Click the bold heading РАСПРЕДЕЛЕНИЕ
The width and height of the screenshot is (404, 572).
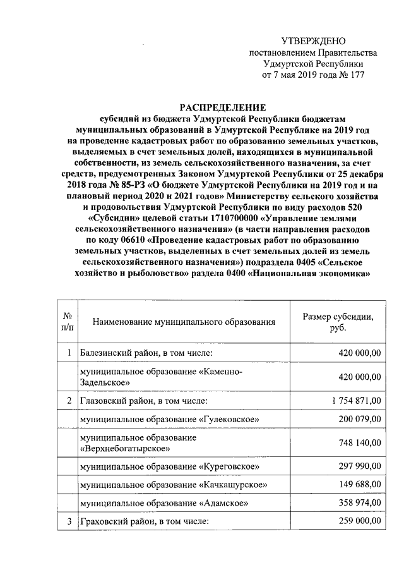coord(220,107)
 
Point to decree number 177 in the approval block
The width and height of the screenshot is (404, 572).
coord(357,75)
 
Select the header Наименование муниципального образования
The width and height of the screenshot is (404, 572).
coord(184,322)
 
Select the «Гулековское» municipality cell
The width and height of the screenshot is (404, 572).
coord(169,419)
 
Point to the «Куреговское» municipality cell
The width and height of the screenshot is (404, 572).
coord(169,467)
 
